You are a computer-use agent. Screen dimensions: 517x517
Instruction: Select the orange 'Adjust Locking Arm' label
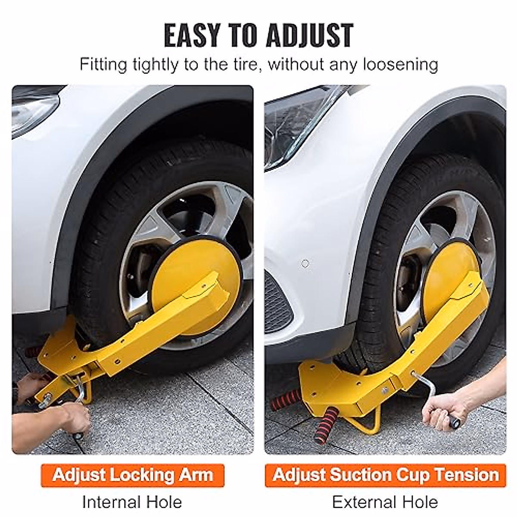(x=133, y=475)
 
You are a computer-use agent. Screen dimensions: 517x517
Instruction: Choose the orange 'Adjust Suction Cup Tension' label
(x=385, y=475)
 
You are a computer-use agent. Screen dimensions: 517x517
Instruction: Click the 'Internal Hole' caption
(x=132, y=502)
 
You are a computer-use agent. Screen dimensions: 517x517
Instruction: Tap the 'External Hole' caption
(x=385, y=502)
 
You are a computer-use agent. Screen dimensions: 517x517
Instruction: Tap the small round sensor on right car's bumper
(x=305, y=263)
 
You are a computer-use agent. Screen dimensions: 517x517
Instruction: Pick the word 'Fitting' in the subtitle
(x=103, y=65)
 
